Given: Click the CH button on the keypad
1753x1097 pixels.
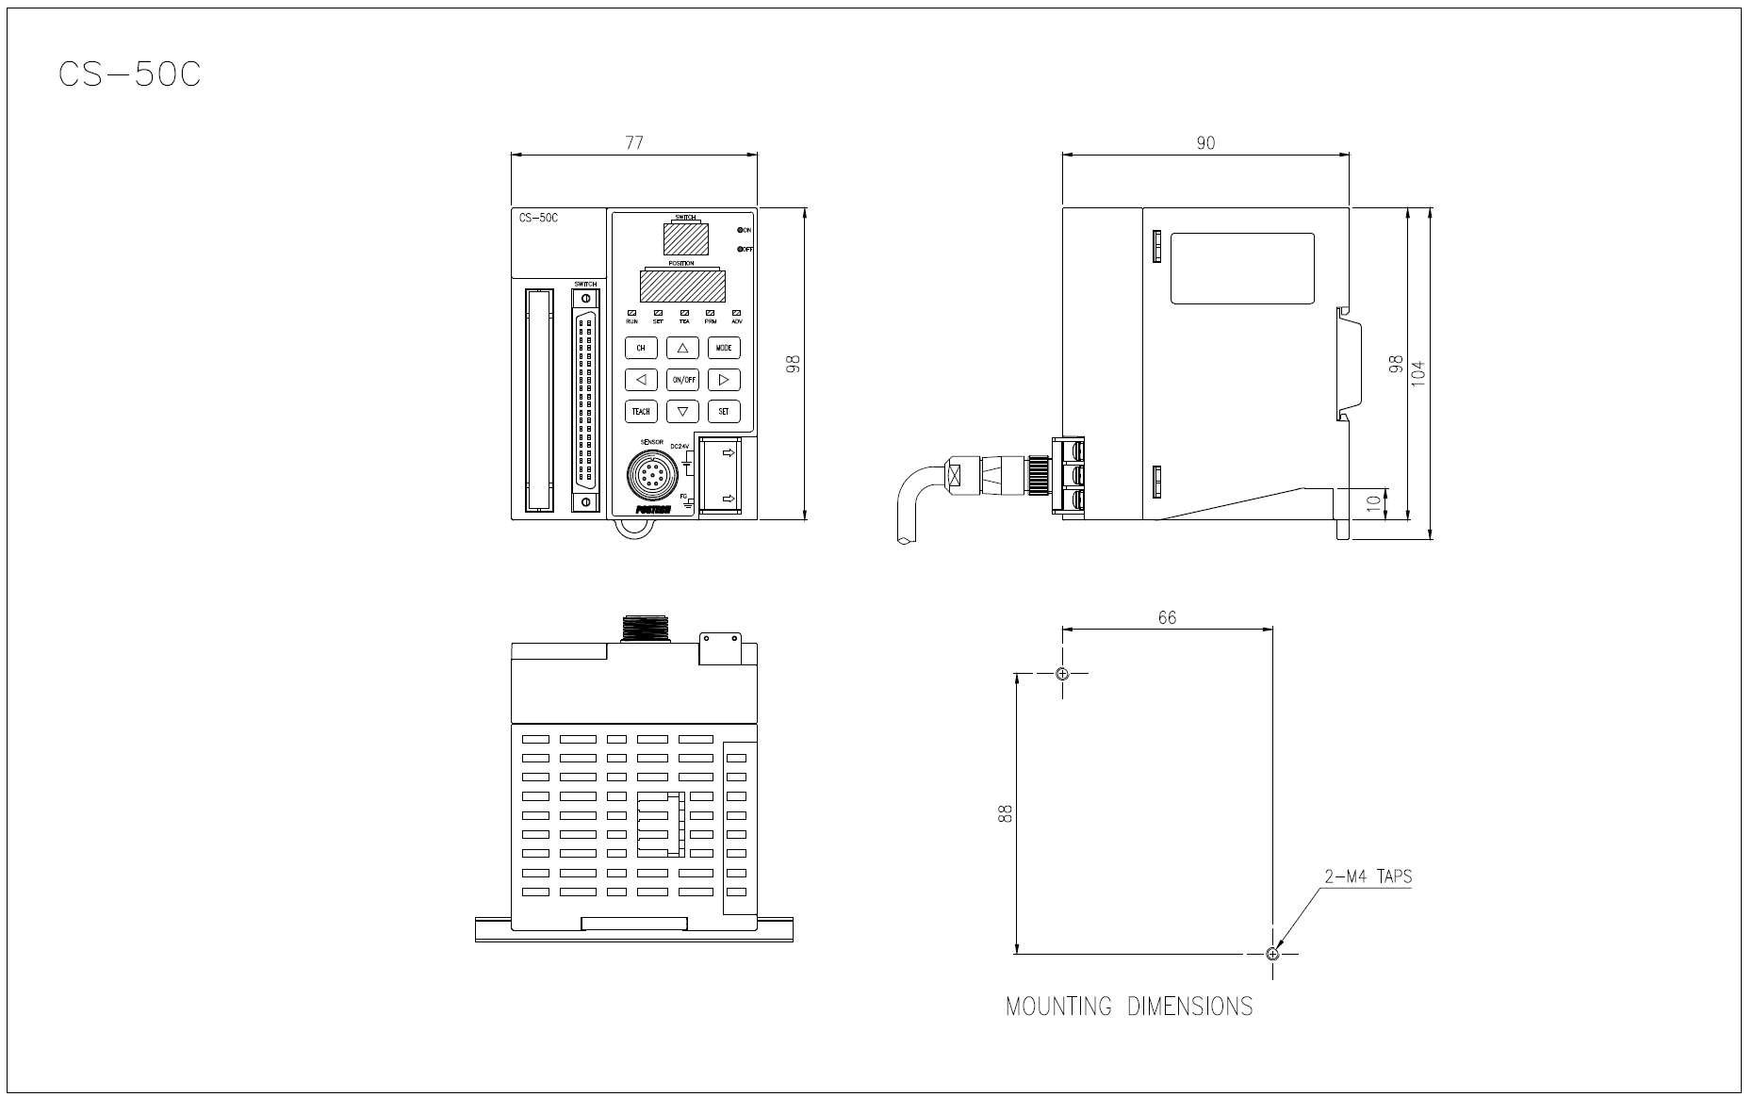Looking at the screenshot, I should click(x=641, y=348).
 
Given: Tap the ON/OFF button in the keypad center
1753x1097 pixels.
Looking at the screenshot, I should click(x=682, y=380).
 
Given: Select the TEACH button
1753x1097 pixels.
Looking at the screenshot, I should click(x=641, y=411).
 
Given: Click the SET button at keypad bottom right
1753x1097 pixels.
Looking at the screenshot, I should click(x=724, y=411).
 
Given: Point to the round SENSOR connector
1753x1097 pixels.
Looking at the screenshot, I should click(x=649, y=473).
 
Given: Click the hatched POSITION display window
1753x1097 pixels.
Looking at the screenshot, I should click(x=681, y=286).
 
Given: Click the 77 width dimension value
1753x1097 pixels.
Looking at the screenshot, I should click(x=634, y=142).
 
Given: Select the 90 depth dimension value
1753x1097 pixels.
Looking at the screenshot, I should click(x=1205, y=143).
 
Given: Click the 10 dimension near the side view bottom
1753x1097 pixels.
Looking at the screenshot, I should click(x=1374, y=503).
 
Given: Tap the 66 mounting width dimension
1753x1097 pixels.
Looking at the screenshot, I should click(x=1167, y=617).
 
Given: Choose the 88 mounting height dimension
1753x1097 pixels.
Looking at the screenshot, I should click(x=1005, y=813).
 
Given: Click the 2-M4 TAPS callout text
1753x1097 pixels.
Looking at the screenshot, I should click(x=1368, y=876).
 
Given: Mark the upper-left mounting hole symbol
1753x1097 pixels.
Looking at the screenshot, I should click(x=1062, y=673).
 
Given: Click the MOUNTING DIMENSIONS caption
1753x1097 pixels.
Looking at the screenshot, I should click(x=1129, y=1007).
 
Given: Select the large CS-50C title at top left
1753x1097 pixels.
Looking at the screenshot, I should click(x=129, y=74).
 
